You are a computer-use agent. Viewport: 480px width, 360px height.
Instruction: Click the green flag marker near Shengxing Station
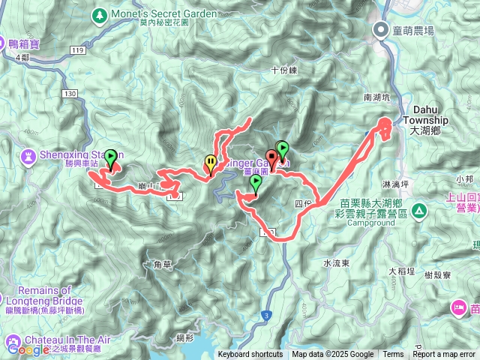(111, 157)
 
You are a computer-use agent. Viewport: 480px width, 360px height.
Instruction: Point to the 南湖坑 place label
(377, 97)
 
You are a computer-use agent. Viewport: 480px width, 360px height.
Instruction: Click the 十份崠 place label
(284, 70)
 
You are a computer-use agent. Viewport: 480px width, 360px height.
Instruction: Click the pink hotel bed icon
(458, 307)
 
